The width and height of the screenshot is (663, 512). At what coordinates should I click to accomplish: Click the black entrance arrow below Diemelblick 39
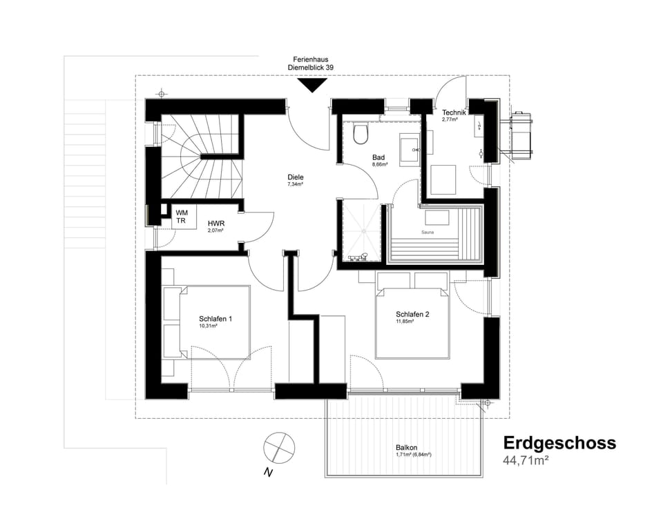(311, 85)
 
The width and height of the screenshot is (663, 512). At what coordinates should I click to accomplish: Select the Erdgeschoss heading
(559, 442)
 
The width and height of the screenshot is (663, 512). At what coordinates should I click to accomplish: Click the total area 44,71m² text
(526, 460)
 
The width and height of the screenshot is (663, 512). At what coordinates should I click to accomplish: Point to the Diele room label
(296, 177)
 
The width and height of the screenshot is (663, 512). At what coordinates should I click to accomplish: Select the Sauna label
(427, 233)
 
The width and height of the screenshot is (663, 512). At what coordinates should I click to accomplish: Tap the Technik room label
(455, 112)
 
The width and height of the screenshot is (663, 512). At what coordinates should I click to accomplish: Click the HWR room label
(216, 225)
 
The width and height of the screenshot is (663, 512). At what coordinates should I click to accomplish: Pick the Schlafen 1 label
(215, 318)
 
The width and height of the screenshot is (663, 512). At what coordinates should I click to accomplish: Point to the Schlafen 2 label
(412, 314)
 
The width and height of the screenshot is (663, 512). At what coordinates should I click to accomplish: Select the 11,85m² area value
(405, 322)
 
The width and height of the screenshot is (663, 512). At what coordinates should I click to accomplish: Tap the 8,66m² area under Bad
(380, 165)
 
